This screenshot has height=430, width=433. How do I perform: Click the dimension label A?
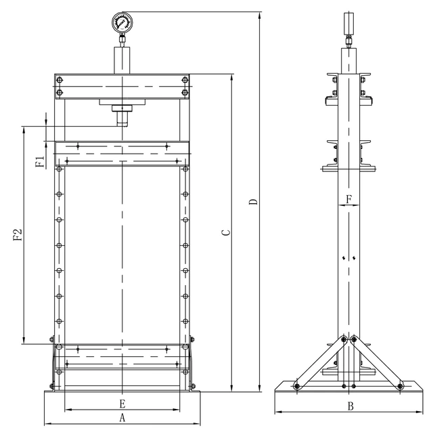[122, 417]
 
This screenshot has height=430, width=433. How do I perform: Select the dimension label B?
[350, 406]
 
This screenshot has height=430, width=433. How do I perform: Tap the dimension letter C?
[227, 232]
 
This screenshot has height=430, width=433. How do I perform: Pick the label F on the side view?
[349, 199]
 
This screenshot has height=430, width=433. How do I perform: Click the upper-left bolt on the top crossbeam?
[60, 79]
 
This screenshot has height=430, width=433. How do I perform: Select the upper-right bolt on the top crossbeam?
[184, 79]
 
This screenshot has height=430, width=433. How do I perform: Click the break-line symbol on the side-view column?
[349, 257]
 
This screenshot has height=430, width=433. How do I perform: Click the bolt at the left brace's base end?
[296, 386]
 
